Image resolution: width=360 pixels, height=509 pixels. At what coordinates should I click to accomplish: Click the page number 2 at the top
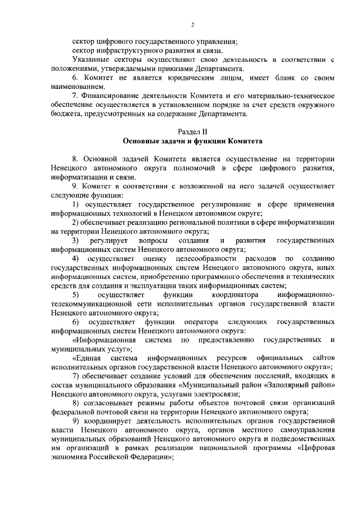click(x=192, y=25)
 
